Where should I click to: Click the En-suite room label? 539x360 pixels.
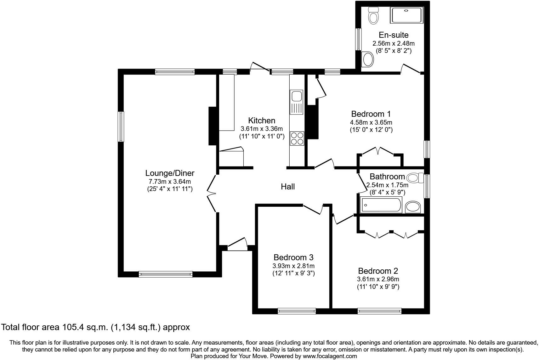point(393,35)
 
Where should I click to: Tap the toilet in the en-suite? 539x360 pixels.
point(373,15)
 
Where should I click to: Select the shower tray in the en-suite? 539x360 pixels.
point(407,15)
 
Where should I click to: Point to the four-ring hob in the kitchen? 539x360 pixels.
point(297,138)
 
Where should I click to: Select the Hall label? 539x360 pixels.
point(287,187)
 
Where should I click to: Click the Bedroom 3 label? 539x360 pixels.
point(293,257)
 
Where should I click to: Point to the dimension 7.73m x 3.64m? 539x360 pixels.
point(170,182)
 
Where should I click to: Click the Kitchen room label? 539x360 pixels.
point(262,121)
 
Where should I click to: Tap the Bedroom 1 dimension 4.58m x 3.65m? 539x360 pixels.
point(371,122)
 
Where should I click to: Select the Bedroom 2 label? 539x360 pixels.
point(378,271)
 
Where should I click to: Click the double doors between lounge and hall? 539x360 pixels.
point(212,193)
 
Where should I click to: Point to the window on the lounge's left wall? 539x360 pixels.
point(121,126)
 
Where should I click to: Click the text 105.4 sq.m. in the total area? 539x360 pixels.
point(84,327)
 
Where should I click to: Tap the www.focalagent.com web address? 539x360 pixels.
point(330,356)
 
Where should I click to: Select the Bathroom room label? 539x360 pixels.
point(387,177)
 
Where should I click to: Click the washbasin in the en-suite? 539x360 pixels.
point(368,59)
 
